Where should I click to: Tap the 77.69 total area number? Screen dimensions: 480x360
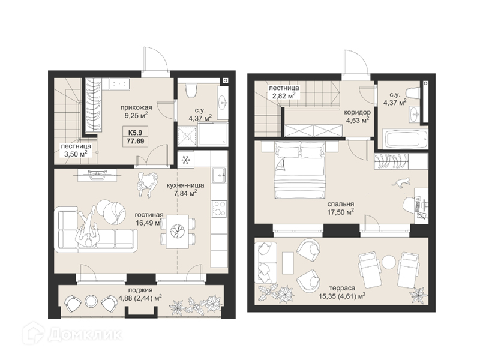[x=136, y=142]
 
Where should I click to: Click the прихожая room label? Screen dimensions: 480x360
[x=136, y=107]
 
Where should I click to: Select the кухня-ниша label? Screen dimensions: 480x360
[x=185, y=185]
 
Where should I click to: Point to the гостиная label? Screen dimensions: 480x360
[x=149, y=215]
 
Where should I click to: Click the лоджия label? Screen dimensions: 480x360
[x=141, y=290]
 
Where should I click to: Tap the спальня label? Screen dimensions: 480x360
[x=341, y=204]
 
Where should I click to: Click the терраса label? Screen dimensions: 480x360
[x=342, y=288]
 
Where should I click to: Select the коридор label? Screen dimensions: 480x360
[x=358, y=112]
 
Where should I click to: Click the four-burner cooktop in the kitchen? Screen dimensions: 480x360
[x=219, y=208]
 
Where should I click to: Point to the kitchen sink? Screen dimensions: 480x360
[x=219, y=175]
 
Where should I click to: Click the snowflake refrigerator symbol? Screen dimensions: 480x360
[x=185, y=160]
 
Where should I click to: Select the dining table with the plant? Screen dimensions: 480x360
[x=178, y=231]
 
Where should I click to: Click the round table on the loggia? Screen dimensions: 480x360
[x=91, y=301]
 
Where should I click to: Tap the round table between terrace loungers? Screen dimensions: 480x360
[x=388, y=263]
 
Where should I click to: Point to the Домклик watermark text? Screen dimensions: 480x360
[x=85, y=335]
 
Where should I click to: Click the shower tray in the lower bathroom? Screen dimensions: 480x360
[x=187, y=136]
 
